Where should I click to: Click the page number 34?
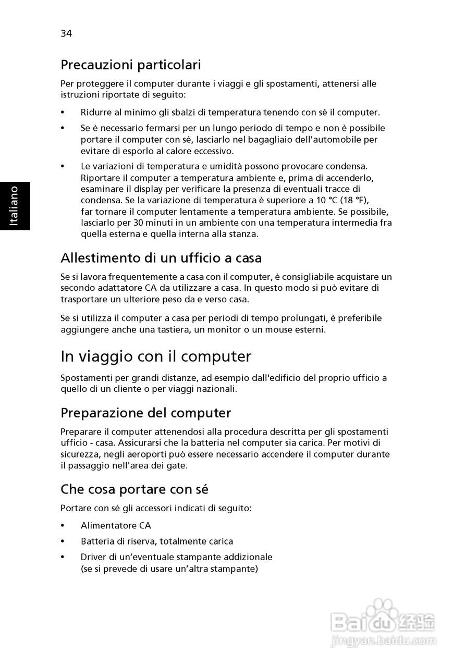point(66,34)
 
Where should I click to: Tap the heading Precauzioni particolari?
point(131,65)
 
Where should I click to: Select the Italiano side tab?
point(15,206)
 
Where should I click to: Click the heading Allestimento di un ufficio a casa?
point(161,258)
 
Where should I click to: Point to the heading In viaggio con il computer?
point(156,356)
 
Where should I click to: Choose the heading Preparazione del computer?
point(146,413)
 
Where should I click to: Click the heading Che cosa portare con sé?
point(134,489)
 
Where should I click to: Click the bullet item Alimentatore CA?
point(116,526)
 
